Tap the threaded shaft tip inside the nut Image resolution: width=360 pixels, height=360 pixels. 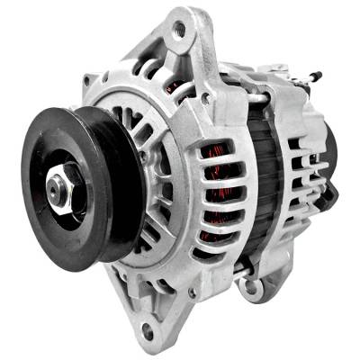pyautogui.click(x=56, y=186)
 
